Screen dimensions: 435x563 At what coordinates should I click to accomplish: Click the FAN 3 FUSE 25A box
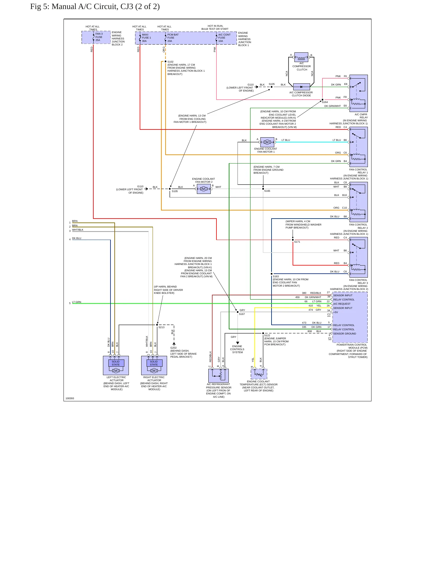pos(96,37)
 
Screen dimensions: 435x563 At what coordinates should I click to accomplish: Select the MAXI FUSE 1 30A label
pos(146,38)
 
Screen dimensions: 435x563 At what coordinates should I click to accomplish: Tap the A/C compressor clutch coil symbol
pos(301,57)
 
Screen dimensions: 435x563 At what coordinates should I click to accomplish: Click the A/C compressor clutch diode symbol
pos(301,87)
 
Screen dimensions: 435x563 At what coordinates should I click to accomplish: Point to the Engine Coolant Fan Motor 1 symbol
pos(267,142)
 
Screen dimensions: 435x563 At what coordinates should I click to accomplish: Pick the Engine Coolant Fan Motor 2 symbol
pos(204,189)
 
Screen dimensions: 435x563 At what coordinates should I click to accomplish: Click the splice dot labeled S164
pos(322,100)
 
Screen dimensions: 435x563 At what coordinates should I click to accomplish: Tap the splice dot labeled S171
pos(293,240)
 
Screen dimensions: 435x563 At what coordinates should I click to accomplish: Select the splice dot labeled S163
pos(272,274)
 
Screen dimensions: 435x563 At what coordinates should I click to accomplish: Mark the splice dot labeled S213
pos(157,325)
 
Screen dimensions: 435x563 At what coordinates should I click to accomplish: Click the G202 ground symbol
pos(174,344)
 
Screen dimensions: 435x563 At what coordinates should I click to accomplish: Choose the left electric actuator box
pos(116,365)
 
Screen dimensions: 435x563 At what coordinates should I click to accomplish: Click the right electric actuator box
pos(154,365)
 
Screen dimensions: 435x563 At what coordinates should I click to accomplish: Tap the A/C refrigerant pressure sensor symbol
pos(219,375)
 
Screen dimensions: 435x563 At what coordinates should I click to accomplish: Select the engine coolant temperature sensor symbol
pos(259,374)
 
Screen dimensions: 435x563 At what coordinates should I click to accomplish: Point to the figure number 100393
pos(70,398)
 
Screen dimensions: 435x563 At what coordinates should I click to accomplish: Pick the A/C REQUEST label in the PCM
pos(342,304)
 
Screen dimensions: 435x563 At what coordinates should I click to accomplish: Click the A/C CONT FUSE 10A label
pos(224,38)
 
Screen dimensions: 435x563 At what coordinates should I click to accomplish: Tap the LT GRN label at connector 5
pos(76,302)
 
